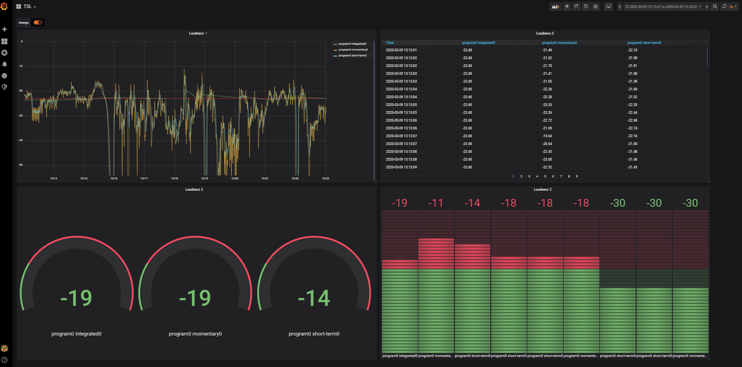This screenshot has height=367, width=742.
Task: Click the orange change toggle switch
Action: click(38, 22)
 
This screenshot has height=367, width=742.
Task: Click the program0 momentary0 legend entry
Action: click(353, 50)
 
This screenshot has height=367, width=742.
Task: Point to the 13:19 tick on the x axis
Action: click(205, 178)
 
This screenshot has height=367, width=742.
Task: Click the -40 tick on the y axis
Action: click(21, 140)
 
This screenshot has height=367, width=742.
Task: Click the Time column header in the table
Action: click(390, 43)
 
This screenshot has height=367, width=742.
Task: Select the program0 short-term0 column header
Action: click(644, 43)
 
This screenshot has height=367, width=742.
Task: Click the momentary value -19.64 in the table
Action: click(547, 136)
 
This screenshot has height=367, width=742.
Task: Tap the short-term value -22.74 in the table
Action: click(632, 128)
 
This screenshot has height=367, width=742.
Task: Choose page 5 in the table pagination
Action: click(545, 176)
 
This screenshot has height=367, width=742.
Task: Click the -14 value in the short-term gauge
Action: click(314, 298)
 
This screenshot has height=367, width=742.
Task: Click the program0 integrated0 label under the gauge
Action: click(76, 334)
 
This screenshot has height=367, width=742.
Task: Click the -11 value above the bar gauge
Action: click(436, 203)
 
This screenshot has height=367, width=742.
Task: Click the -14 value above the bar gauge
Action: click(472, 203)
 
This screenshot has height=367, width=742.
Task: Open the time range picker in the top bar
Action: click(663, 6)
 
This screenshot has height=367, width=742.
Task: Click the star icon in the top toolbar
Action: click(567, 6)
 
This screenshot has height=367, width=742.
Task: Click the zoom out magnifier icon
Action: click(715, 6)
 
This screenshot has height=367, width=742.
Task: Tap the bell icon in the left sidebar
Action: click(4, 64)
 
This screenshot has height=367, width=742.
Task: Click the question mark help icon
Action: click(4, 360)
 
